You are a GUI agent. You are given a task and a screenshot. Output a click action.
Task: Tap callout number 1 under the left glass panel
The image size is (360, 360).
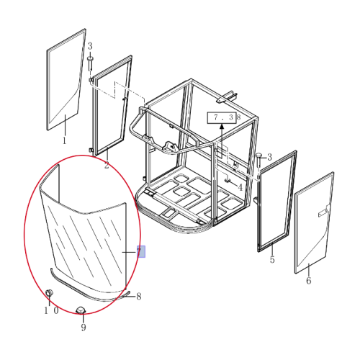[64, 140]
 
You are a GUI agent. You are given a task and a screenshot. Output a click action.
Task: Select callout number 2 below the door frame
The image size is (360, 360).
[107, 165]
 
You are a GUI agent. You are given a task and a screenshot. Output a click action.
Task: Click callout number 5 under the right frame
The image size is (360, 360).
[272, 259]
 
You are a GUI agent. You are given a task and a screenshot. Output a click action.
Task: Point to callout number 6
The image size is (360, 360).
[309, 280]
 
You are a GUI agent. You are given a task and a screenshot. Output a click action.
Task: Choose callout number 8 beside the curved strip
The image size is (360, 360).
[139, 297]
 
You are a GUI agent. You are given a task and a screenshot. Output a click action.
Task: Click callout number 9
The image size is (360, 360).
[84, 327]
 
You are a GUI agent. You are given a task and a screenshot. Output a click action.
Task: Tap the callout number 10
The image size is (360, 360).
[51, 310]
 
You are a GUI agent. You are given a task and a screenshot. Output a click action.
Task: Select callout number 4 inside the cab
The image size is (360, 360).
[240, 187]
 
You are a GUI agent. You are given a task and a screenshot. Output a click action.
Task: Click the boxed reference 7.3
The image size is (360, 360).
[222, 117]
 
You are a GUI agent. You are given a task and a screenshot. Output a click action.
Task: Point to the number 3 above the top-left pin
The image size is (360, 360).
[90, 46]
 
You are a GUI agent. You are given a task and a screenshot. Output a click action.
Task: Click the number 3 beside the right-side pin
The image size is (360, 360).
[270, 157]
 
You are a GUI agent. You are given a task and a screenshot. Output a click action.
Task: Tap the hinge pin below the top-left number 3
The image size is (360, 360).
[90, 63]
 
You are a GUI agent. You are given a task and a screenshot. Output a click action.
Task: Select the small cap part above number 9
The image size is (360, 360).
[81, 310]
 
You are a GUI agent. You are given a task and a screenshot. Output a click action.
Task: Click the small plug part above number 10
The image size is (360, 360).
[49, 293]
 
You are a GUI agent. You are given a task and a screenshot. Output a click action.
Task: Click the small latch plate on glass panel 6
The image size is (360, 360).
[323, 212]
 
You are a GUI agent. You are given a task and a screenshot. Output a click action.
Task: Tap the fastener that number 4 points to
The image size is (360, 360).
[227, 180]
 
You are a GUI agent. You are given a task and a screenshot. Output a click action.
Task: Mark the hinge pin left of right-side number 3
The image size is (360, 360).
[258, 160]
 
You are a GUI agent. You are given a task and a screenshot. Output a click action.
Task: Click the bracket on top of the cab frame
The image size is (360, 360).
[227, 97]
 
